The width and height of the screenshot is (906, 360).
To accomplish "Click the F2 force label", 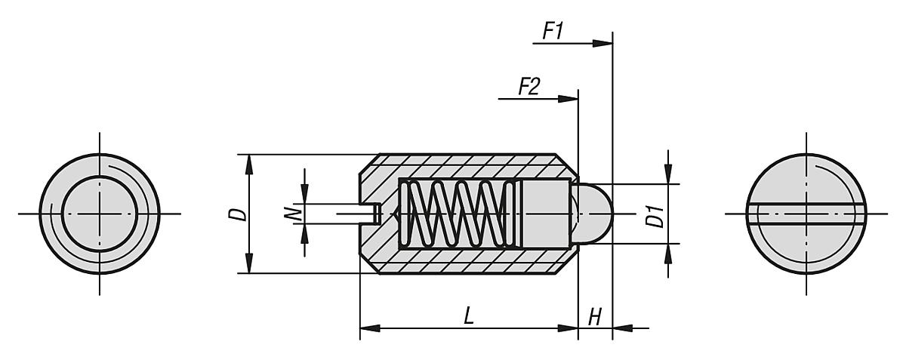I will (x=528, y=87).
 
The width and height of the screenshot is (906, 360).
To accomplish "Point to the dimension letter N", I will (x=297, y=214).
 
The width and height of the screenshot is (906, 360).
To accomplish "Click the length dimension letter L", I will (x=468, y=316).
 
